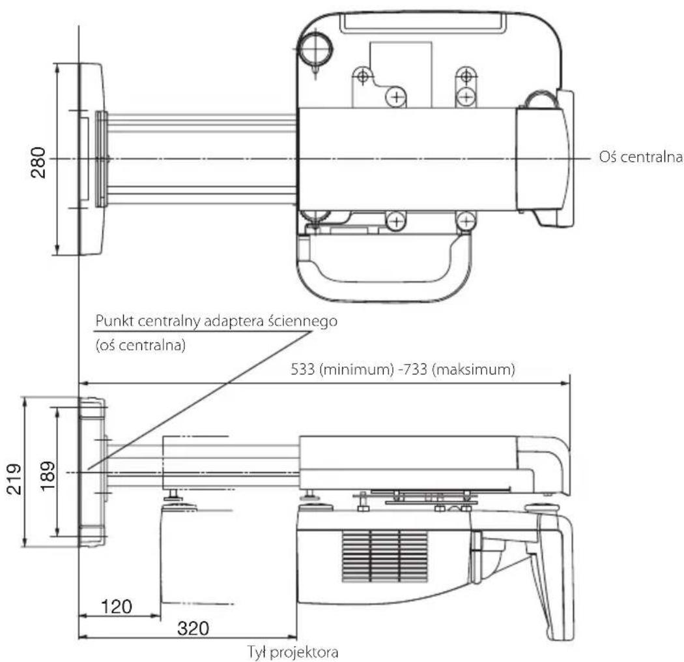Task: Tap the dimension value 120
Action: pyautogui.click(x=115, y=606)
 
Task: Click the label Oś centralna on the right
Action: pyautogui.click(x=640, y=158)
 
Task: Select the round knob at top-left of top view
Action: pyautogui.click(x=315, y=47)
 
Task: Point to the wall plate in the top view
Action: pyautogui.click(x=91, y=158)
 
